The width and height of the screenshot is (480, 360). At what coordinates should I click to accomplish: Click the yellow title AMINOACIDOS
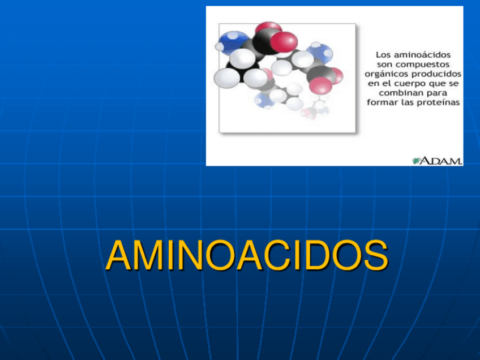247,256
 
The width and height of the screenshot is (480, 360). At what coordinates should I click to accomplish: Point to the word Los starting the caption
385,55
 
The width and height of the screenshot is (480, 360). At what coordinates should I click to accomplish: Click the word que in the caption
436,84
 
